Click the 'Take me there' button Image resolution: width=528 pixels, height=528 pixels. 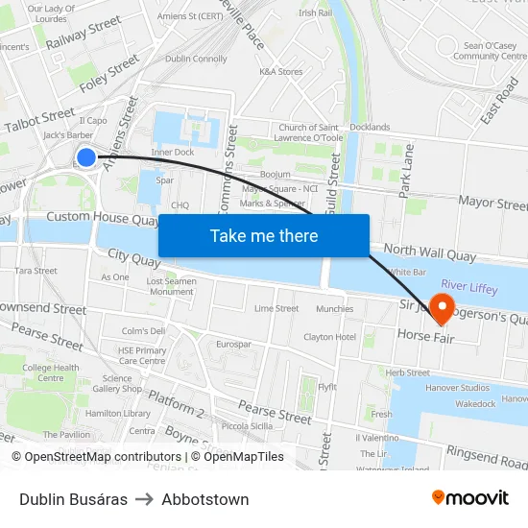[263, 236]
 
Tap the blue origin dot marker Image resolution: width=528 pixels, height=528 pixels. [86, 157]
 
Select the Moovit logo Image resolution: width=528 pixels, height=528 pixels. [470, 497]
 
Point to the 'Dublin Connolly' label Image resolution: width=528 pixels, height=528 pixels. [196, 59]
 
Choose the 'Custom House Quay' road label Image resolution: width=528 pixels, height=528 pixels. [102, 219]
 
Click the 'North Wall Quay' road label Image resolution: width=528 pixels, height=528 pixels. [429, 252]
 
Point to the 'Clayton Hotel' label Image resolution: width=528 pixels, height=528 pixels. [329, 337]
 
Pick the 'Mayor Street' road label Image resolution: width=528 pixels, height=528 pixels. [492, 204]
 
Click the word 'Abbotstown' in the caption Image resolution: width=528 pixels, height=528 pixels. [205, 499]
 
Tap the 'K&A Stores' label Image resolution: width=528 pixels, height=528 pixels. [280, 72]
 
